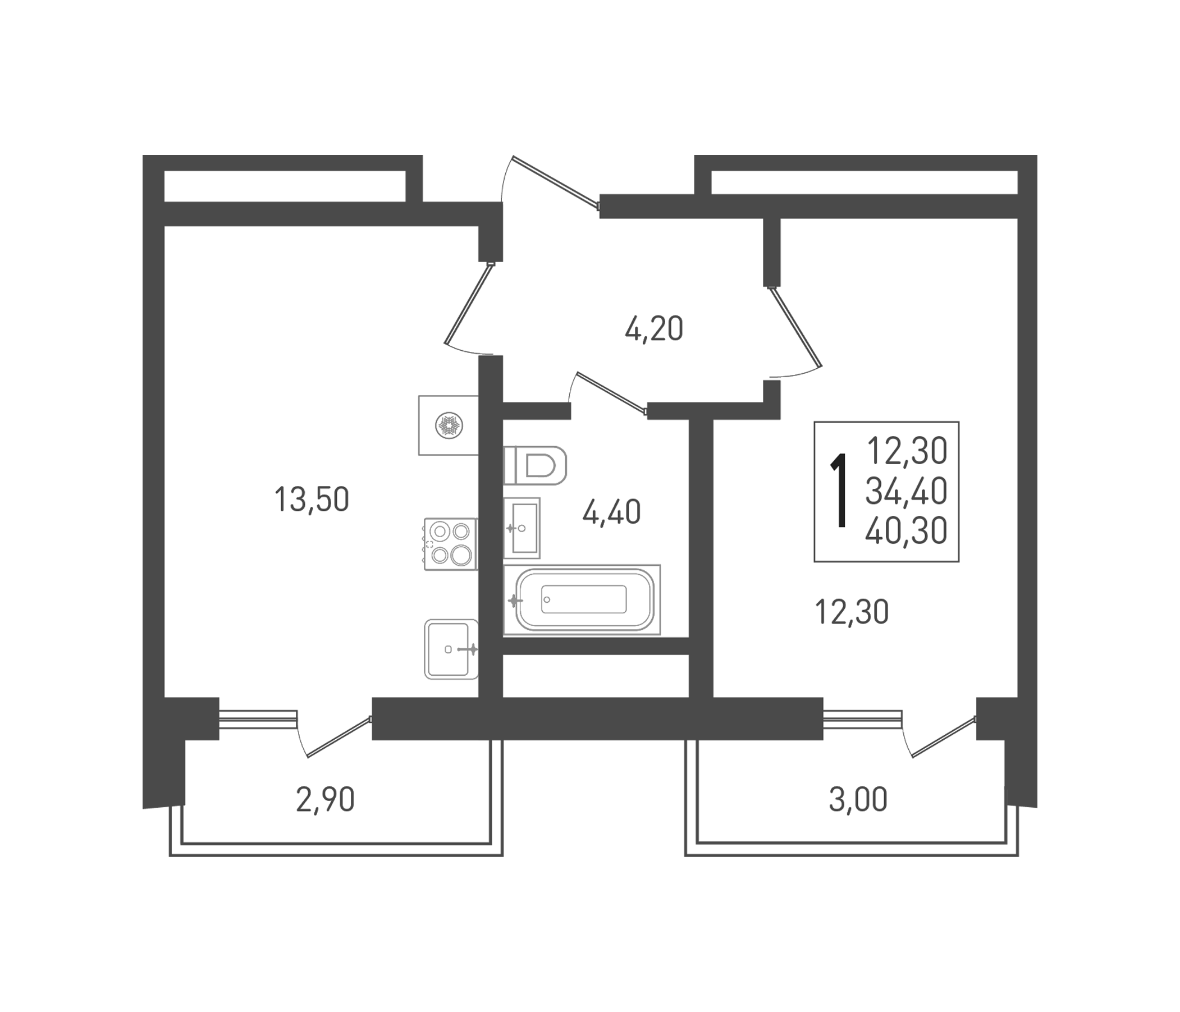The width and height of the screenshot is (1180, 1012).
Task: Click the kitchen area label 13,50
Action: pyautogui.click(x=312, y=500)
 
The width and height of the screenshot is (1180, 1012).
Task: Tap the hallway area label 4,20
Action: pyautogui.click(x=654, y=329)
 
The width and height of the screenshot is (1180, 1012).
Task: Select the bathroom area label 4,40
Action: pyautogui.click(x=611, y=512)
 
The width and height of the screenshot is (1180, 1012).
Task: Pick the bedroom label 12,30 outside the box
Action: pyautogui.click(x=852, y=612)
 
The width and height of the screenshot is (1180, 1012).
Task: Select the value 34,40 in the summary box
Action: pyautogui.click(x=906, y=491)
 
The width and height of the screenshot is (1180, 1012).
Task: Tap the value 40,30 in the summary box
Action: pyautogui.click(x=906, y=531)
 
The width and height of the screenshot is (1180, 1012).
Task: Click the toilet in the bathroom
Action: pyautogui.click(x=536, y=465)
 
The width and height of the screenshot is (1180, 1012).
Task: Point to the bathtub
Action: pyautogui.click(x=584, y=599)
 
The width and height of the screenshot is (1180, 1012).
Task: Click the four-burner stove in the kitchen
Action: pyautogui.click(x=450, y=543)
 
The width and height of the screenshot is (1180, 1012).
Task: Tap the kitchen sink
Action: pyautogui.click(x=450, y=649)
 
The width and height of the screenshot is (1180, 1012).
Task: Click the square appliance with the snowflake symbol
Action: pyautogui.click(x=448, y=425)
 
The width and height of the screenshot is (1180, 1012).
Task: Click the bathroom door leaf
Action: pyautogui.click(x=612, y=391)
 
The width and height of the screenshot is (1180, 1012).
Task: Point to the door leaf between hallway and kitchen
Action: pyautogui.click(x=468, y=304)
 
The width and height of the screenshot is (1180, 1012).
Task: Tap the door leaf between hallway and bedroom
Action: pyautogui.click(x=795, y=326)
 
